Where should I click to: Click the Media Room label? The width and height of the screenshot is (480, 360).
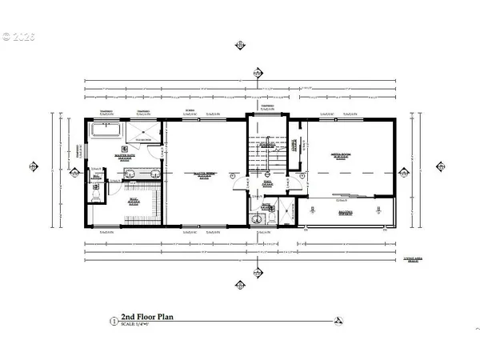pos(344,157)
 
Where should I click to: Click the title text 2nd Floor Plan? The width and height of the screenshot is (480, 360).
pos(146,317)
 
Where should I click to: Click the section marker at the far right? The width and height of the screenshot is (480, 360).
pos(439,166)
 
